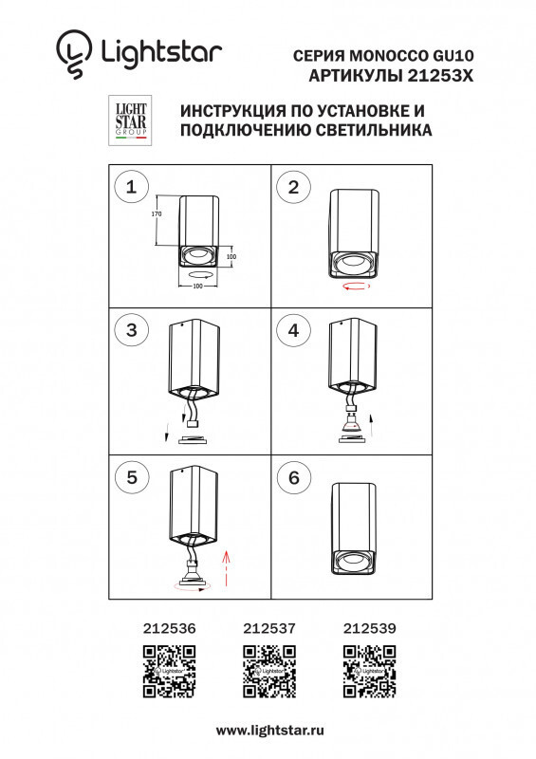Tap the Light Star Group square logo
[x=130, y=120]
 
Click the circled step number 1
[x=131, y=187]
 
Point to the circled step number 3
[x=131, y=330]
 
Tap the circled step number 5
[x=131, y=478]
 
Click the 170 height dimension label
[x=158, y=215]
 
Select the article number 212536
[x=169, y=627]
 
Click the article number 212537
[x=270, y=627]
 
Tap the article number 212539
[x=368, y=627]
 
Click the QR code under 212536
[x=169, y=671]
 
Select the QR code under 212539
[x=368, y=671]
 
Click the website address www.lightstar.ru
[x=270, y=731]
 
